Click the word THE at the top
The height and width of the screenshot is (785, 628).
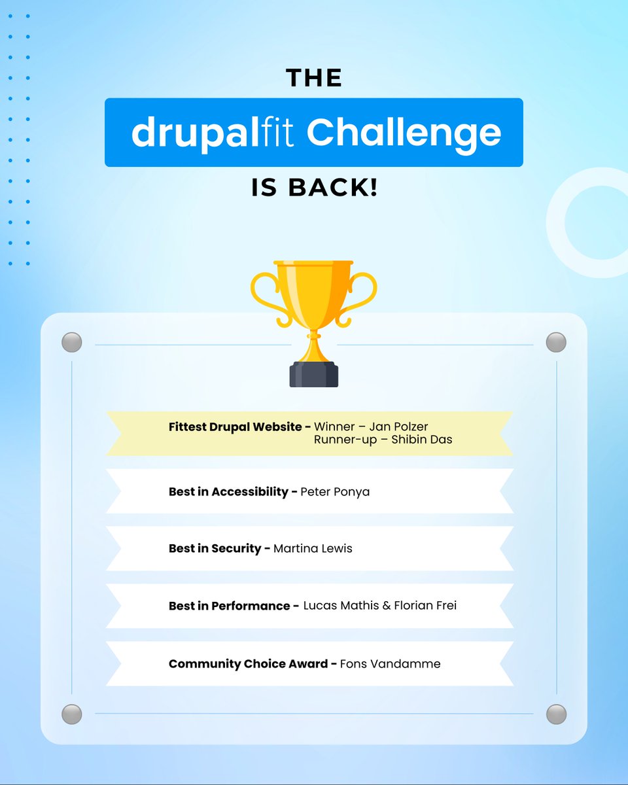(314, 78)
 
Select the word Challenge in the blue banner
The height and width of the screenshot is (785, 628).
(404, 133)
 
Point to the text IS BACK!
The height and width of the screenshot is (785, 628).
(314, 188)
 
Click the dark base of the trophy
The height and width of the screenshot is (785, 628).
(314, 374)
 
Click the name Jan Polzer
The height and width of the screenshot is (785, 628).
(399, 427)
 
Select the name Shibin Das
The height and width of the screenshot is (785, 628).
(422, 440)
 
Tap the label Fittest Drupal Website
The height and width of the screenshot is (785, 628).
(236, 427)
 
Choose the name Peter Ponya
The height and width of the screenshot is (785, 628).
(335, 491)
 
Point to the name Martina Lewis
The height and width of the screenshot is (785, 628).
(313, 548)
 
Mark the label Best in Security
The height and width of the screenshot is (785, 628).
(215, 548)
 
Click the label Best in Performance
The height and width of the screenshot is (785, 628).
(230, 606)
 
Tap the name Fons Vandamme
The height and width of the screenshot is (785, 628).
(391, 664)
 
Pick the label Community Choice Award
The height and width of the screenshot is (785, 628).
(249, 664)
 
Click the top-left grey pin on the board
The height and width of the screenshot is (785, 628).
(71, 342)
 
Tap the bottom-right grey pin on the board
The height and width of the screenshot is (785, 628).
(556, 714)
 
